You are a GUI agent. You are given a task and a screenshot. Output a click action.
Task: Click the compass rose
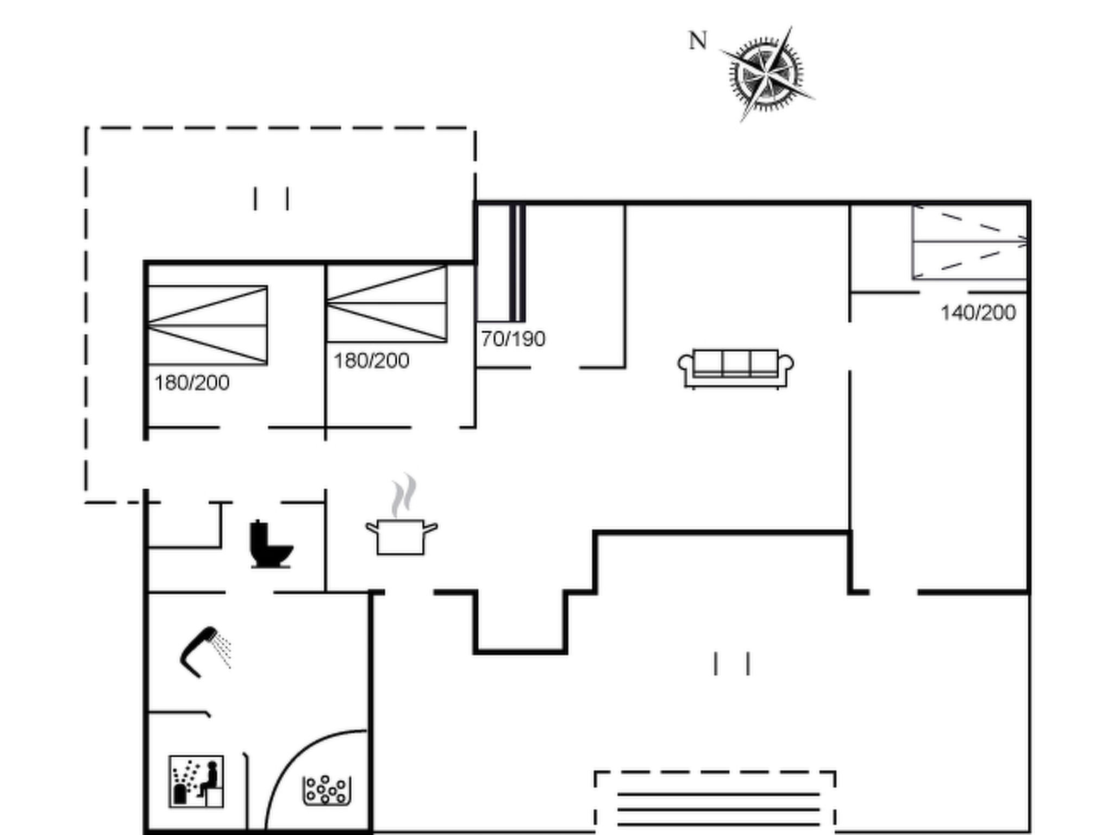pyautogui.click(x=766, y=74)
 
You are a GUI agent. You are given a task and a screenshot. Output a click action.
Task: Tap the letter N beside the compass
pyautogui.click(x=698, y=41)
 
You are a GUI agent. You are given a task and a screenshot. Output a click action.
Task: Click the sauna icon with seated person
pyautogui.click(x=196, y=781)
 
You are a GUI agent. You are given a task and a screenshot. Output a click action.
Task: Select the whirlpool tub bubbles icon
pyautogui.click(x=326, y=790)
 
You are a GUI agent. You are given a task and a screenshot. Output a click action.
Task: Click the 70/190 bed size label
pyautogui.click(x=513, y=339)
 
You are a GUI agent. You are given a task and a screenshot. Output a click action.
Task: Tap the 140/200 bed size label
pyautogui.click(x=978, y=313)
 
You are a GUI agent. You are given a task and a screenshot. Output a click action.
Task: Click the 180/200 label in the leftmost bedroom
pyautogui.click(x=192, y=383)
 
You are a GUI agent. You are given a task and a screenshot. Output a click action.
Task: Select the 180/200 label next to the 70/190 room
pyautogui.click(x=371, y=361)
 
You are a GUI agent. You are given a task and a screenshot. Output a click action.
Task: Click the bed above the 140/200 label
pyautogui.click(x=970, y=242)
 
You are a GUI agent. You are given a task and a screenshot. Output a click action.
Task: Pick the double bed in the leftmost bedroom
pyautogui.click(x=208, y=325)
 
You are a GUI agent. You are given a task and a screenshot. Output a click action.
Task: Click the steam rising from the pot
pyautogui.click(x=404, y=495)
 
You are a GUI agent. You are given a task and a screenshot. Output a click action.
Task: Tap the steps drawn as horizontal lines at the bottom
pyautogui.click(x=718, y=810)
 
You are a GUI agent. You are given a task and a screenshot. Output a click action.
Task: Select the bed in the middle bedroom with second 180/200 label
pyautogui.click(x=387, y=303)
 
